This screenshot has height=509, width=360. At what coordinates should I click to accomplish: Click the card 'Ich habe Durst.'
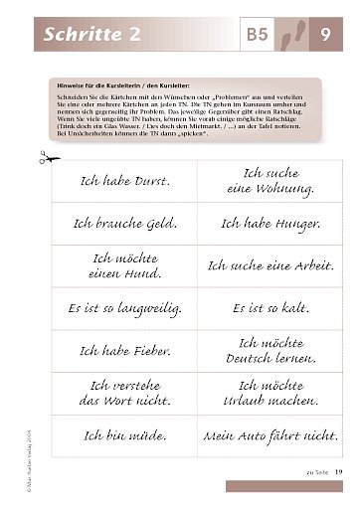(122, 182)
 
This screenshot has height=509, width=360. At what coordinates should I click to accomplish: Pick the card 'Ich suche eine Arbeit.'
(269, 265)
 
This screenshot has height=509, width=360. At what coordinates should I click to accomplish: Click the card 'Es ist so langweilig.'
(122, 309)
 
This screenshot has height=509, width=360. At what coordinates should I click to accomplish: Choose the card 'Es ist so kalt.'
(269, 309)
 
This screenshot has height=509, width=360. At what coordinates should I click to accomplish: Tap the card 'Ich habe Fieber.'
(122, 351)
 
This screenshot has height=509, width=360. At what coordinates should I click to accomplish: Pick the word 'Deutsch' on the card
(249, 359)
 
